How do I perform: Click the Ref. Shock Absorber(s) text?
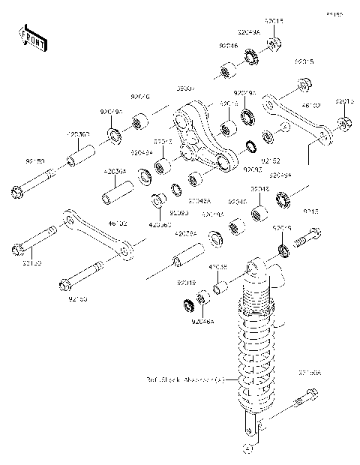185,380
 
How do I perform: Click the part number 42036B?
79,133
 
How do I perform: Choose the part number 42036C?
158,223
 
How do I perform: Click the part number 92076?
140,97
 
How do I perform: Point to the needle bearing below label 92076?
140,120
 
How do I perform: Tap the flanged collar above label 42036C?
159,202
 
